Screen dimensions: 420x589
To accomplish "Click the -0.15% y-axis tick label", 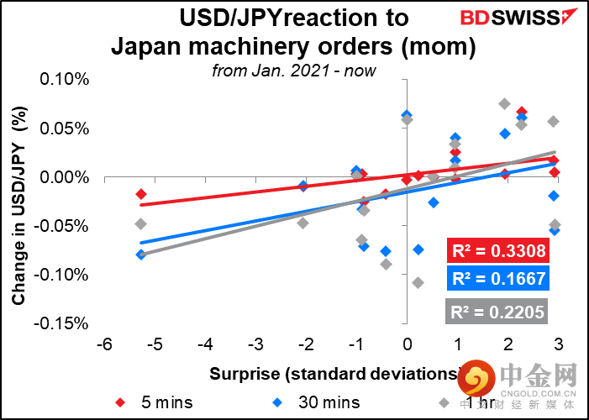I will [x=62, y=323].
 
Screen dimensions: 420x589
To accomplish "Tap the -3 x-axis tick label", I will [x=255, y=346].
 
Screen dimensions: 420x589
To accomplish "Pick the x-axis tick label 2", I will [x=508, y=346].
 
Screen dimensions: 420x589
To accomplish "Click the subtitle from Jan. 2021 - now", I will [x=294, y=71].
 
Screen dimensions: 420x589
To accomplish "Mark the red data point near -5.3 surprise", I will [x=141, y=194].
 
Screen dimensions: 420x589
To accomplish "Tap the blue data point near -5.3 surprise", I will [x=141, y=254].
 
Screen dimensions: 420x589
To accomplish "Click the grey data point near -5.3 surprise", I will [x=141, y=223].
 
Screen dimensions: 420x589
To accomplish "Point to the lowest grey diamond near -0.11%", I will [x=418, y=282].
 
